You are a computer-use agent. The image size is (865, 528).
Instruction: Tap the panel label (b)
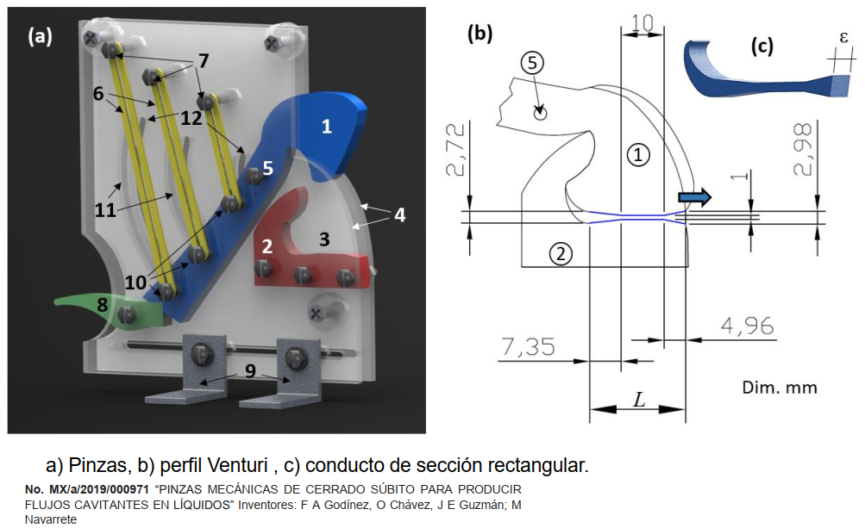[x=480, y=34]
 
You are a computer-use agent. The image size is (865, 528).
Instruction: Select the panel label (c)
[x=762, y=47]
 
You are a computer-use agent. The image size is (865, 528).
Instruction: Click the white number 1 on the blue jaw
[x=326, y=127]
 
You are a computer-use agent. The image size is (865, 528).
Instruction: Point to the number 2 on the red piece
[x=267, y=245]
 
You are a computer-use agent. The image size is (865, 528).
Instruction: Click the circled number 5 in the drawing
[x=533, y=63]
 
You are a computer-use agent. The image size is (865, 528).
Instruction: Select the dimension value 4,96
[x=746, y=326]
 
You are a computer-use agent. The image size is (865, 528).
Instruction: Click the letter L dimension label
[x=638, y=399]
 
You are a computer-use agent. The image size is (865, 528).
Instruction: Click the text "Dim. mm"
[x=779, y=387]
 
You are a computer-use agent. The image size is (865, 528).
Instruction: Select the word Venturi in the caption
[x=238, y=466]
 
